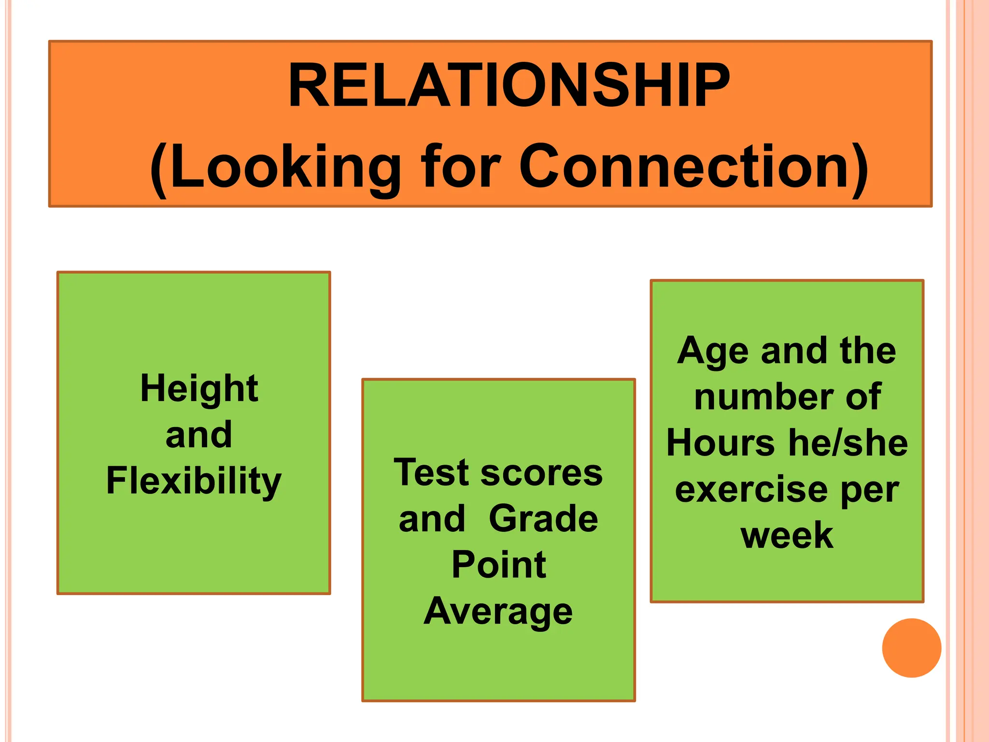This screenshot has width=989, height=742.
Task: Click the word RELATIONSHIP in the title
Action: pos(509,86)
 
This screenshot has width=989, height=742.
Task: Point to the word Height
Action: pos(199,388)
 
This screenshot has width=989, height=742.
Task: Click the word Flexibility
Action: pos(194,481)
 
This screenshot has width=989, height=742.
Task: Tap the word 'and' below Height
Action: pos(198,435)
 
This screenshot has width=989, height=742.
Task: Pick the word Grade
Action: pos(543,518)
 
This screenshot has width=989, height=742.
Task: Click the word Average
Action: pos(498,611)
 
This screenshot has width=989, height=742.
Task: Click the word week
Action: pos(787,535)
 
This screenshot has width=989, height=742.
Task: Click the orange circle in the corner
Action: pos(911,648)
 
